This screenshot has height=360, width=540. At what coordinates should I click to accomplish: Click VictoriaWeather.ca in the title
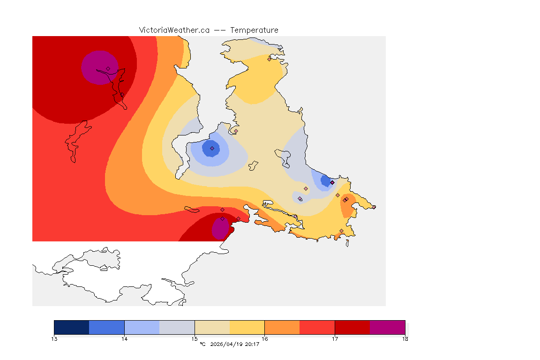coord(174,30)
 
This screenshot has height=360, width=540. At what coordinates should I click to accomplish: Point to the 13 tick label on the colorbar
coord(54,338)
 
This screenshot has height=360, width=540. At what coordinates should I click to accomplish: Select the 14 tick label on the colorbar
coord(124,338)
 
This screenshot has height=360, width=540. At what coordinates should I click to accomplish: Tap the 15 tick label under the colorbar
coord(195,338)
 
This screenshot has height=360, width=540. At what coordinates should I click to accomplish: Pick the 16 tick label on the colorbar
coord(265,338)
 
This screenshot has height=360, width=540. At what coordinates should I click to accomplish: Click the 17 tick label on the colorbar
coord(335,338)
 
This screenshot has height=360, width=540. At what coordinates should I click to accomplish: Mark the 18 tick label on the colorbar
coord(405,338)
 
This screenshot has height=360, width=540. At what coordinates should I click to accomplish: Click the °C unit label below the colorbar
coord(202,345)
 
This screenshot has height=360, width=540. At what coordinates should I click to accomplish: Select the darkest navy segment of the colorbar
coord(72,327)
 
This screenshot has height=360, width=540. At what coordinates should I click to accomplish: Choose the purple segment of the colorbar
coord(388,327)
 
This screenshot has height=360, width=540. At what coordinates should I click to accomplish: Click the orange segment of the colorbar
coord(282,327)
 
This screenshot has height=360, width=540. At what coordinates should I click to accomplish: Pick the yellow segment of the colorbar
coord(247,327)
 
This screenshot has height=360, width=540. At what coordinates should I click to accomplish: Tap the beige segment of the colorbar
coord(212,327)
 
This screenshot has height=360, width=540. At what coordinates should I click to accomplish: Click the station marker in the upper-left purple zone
coord(108,68)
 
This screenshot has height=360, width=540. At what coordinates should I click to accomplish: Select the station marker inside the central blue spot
coord(212,148)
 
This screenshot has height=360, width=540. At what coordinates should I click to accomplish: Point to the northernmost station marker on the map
coord(269,59)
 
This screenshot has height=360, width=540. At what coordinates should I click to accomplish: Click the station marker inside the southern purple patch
coord(222,219)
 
